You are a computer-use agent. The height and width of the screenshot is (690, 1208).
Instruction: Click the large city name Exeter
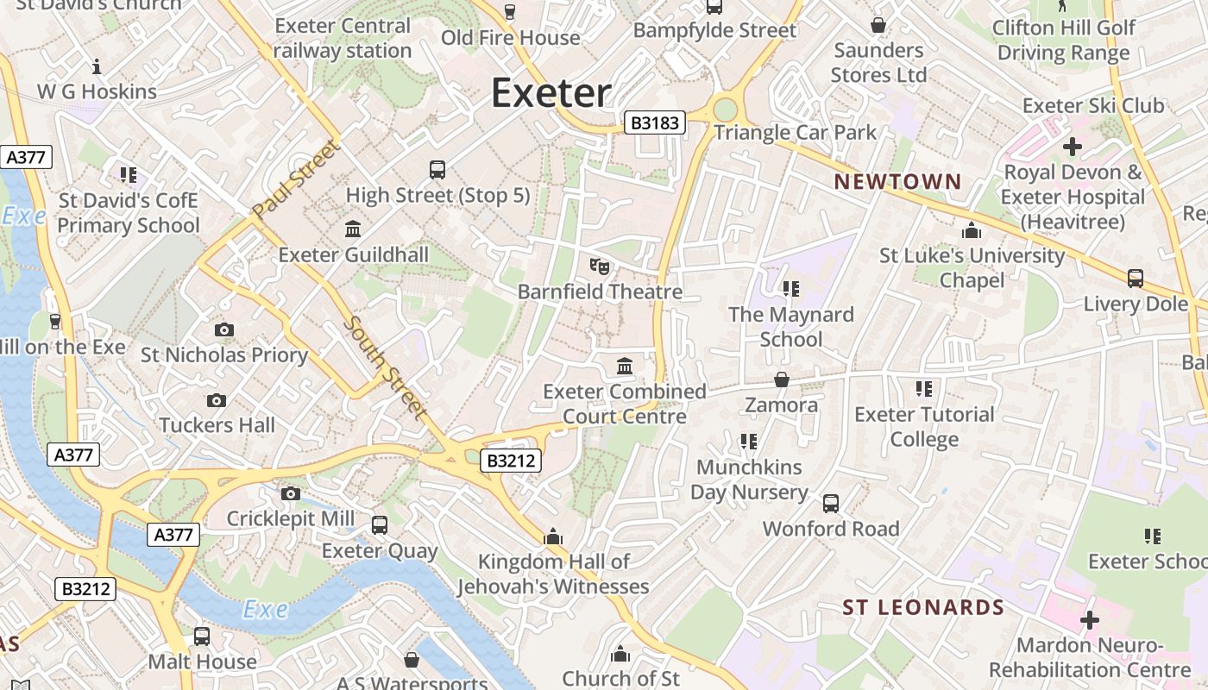[x=551, y=92]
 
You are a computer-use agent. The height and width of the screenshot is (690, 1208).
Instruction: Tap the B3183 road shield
[x=655, y=122]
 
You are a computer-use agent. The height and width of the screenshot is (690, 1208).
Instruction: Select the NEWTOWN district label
[x=897, y=181]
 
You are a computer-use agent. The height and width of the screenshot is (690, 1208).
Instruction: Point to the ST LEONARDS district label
[x=923, y=607]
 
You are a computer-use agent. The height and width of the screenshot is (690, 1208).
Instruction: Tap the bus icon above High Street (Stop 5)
[x=437, y=170]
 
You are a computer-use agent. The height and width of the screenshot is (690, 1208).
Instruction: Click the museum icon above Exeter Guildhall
[x=353, y=229]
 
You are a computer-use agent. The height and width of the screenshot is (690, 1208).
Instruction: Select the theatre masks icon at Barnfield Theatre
[x=600, y=266]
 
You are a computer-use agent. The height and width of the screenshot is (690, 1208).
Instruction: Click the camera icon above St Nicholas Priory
[x=223, y=329]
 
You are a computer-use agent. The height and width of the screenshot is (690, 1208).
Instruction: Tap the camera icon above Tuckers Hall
[x=217, y=400]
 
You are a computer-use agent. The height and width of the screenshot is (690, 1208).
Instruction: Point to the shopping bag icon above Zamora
[x=781, y=379]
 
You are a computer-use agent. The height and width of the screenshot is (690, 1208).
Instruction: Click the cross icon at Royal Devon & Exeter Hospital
[x=1072, y=147]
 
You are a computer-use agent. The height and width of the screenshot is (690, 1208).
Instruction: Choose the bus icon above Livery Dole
[x=1136, y=279]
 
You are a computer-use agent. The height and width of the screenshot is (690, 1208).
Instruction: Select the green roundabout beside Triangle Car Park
[x=726, y=110]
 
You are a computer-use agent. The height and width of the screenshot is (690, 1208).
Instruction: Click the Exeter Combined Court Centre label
[x=625, y=404]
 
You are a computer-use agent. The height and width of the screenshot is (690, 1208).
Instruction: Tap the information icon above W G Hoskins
[x=97, y=66]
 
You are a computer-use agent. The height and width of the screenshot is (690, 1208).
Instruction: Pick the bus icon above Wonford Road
[x=831, y=504]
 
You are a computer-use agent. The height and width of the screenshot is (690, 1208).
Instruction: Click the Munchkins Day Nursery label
[x=749, y=480]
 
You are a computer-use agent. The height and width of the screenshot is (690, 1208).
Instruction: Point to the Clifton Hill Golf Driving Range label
[x=1063, y=40]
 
